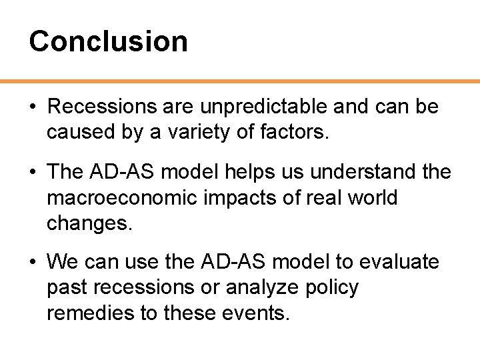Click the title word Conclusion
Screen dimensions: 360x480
(108, 41)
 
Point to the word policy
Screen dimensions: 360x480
(338, 288)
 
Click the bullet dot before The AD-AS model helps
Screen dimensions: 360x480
(33, 173)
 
